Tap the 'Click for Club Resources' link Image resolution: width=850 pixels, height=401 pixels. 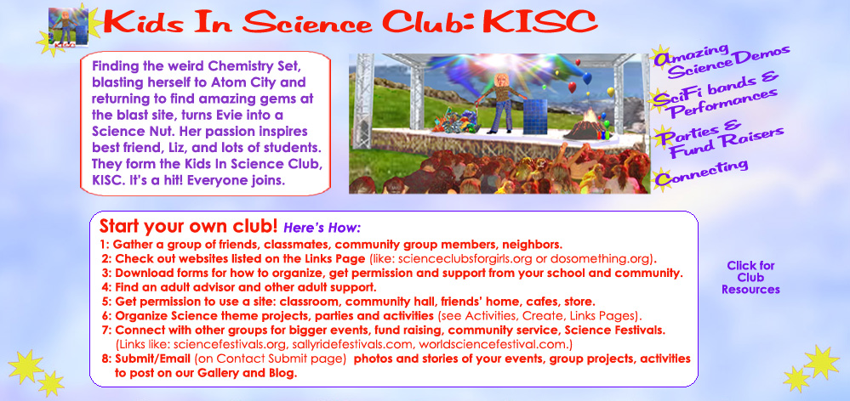[750, 278]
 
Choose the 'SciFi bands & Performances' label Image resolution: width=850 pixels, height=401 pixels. [716, 94]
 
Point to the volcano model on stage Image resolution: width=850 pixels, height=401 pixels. [586, 126]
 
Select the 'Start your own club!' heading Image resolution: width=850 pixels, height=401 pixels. [188, 225]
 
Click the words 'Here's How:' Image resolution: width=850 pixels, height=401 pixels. [322, 227]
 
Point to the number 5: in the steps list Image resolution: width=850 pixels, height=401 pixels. [106, 301]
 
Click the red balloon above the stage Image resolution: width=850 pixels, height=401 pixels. [572, 88]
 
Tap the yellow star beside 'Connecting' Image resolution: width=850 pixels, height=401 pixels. [660, 179]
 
